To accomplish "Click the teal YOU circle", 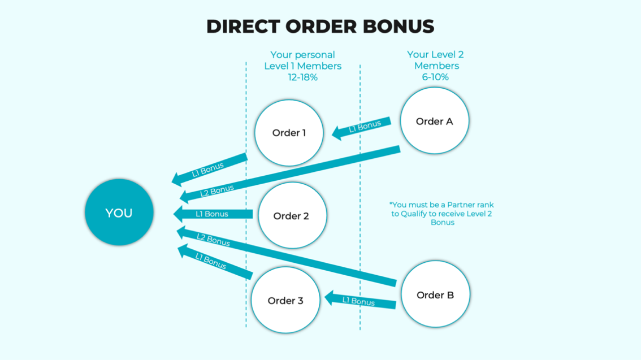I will (x=119, y=212).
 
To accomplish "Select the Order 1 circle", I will (x=289, y=133).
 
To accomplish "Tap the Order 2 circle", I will (x=292, y=216).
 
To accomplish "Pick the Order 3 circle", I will (x=285, y=300).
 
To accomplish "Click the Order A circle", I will (x=434, y=121).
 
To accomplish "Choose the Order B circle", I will (x=435, y=294).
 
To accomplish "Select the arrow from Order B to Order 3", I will (x=360, y=301).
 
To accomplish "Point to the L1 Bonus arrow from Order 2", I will (x=213, y=214).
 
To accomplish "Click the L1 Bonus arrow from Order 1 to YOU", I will (x=209, y=169).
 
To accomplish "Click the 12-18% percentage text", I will (x=302, y=77).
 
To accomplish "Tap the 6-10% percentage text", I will (x=435, y=77).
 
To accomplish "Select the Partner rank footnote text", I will (x=442, y=214).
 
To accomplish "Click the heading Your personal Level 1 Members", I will (x=302, y=60).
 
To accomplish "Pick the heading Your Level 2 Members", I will (x=435, y=60).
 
